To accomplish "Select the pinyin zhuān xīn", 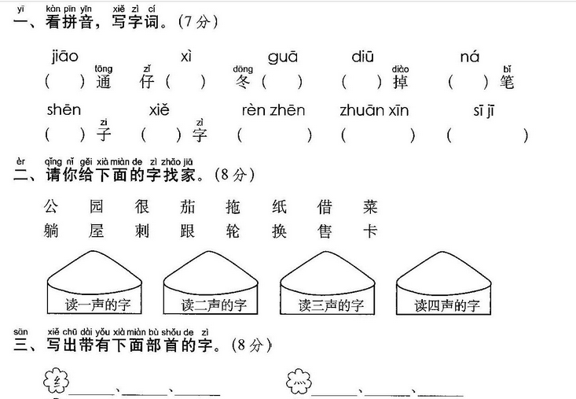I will (x=374, y=111).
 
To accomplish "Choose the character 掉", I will (x=399, y=81).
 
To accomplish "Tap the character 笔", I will (x=507, y=81).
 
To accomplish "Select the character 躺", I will (x=52, y=231).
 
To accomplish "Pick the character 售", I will (x=325, y=231).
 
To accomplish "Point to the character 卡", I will (x=370, y=231).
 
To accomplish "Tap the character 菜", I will (x=370, y=207).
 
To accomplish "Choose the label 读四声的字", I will (x=446, y=305).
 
